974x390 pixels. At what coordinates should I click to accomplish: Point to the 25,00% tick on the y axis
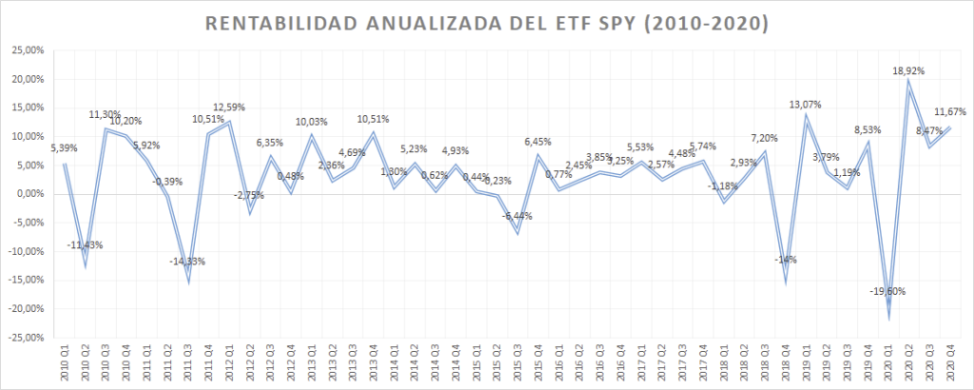coord(27,50)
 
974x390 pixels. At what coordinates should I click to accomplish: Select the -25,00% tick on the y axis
coord(26,337)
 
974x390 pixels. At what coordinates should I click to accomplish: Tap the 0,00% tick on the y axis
coord(29,194)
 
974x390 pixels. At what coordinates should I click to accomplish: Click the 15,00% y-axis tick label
coord(27,107)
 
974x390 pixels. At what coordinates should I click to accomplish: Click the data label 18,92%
coord(908,70)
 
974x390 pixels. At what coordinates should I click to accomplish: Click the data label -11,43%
coord(85,244)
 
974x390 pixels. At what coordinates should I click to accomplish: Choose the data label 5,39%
coord(64,148)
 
